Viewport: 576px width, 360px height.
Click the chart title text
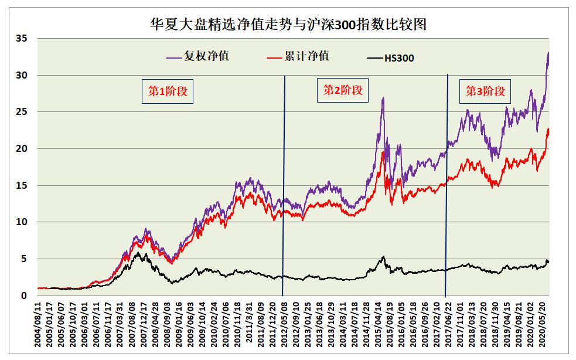pyautogui.click(x=288, y=24)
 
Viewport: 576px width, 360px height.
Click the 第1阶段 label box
pyautogui.click(x=168, y=91)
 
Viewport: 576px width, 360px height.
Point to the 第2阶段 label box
pyautogui.click(x=343, y=90)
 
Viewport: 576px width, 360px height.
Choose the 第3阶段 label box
pyautogui.click(x=485, y=91)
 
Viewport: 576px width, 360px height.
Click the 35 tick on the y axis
pyautogui.click(x=22, y=39)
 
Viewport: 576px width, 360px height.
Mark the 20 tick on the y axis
pyautogui.click(x=22, y=149)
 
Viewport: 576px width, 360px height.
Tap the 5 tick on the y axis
pyautogui.click(x=25, y=259)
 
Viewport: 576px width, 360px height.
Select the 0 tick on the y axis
pyautogui.click(x=25, y=296)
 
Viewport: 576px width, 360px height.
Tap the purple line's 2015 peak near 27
pyautogui.click(x=383, y=98)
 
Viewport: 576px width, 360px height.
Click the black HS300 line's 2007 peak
pyautogui.click(x=138, y=253)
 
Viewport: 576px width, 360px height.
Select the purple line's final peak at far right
pyautogui.click(x=548, y=53)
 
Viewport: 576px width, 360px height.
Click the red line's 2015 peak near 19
pyautogui.click(x=383, y=152)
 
